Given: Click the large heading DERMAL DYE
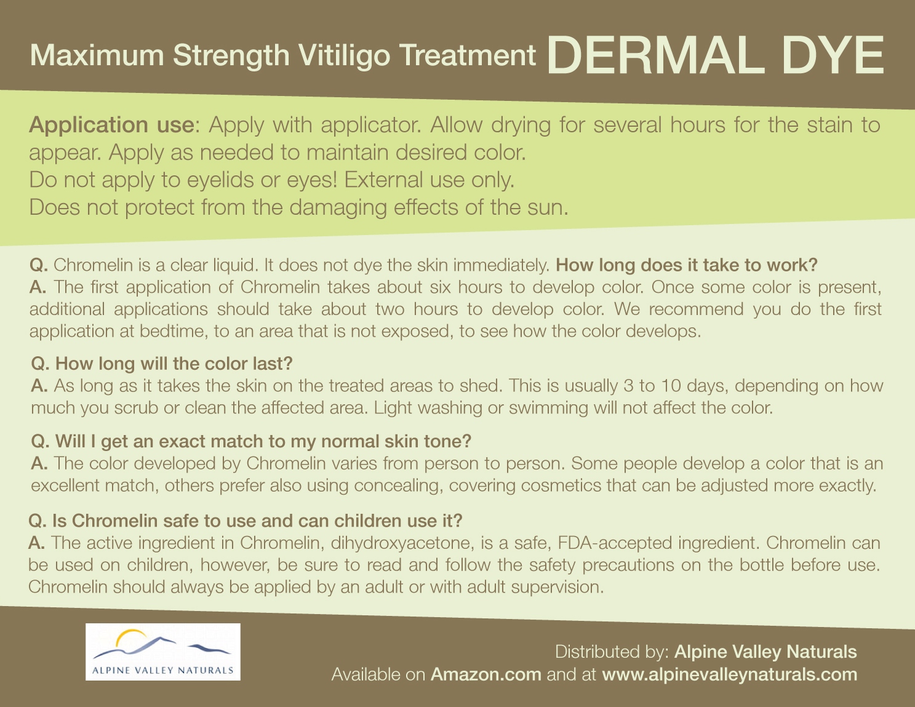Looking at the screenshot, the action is coord(715,55).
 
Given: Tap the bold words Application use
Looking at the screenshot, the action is coord(111,125).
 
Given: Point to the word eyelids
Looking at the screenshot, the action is coord(219,180).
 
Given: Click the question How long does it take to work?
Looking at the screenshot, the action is coord(686,265).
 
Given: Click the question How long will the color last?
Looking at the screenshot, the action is coord(162,364).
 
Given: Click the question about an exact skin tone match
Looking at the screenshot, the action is coord(251,441).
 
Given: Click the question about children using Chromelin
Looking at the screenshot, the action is coord(246,521).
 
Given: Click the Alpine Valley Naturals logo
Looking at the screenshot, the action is coord(163,652).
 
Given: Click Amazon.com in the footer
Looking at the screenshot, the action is coord(485,674).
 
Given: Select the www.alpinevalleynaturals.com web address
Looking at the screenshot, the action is coord(730,675).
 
